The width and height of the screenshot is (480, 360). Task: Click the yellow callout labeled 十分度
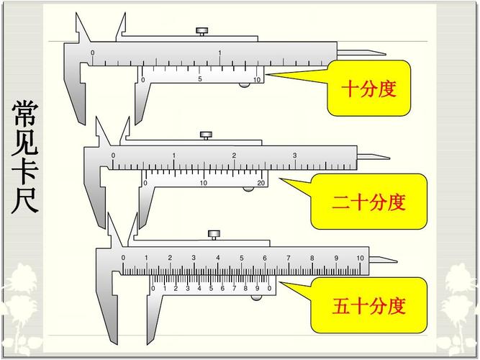tap(368, 89)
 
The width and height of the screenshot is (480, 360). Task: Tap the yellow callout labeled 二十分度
tap(368, 202)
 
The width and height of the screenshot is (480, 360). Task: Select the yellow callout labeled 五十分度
tap(368, 306)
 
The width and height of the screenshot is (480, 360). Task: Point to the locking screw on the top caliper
tap(202, 31)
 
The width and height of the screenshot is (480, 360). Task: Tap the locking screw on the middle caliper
tap(206, 135)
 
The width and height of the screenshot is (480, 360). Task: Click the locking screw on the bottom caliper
tap(214, 234)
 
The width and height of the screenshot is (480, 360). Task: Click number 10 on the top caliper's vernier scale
tap(258, 79)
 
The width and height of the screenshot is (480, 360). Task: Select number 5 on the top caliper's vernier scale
tap(200, 79)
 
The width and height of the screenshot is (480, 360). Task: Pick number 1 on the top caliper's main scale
tap(219, 53)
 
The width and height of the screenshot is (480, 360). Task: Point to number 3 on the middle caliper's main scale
tap(294, 156)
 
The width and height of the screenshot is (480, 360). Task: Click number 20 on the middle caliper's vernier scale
tap(261, 183)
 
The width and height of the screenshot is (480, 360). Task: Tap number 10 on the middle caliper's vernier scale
tap(204, 183)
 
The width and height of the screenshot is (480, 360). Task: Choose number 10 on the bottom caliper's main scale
tap(360, 258)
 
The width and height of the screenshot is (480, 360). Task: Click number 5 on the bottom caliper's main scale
tap(241, 258)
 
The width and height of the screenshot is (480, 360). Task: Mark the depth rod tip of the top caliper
tap(383, 53)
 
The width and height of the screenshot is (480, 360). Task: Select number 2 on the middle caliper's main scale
tap(234, 156)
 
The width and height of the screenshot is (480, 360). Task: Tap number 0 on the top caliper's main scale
tap(92, 53)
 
